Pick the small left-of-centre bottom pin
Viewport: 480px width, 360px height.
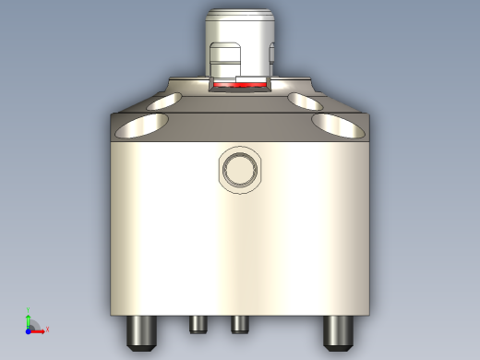(x=197, y=323)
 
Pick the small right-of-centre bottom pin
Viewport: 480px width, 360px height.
(x=240, y=323)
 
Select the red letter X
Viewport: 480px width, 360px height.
(x=46, y=329)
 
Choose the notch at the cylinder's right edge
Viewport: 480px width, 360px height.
(x=272, y=55)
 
